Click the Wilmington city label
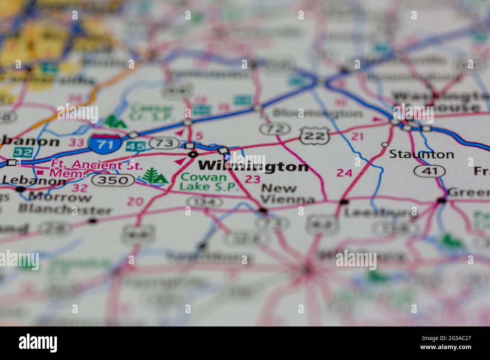point(253,166)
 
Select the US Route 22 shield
point(315,136)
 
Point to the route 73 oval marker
point(164,143)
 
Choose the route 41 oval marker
point(430,171)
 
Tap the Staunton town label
point(421,154)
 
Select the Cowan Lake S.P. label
point(209,182)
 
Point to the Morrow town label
point(60,197)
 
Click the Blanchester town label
point(65,210)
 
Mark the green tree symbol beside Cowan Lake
point(155,176)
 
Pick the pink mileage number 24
point(344,173)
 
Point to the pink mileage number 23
point(252,179)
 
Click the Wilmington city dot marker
point(193,154)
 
